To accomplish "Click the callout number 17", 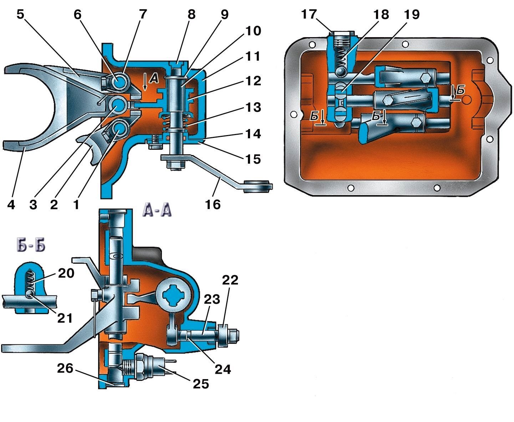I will pos(309,15).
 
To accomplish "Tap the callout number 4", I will pos(11,205).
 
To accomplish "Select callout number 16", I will pos(213,204).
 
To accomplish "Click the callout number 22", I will pos(230,280).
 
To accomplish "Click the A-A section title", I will pos(157,210).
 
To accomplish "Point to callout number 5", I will pos(21,15).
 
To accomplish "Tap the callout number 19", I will pos(412,15).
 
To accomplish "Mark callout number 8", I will pos(192,15).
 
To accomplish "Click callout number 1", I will pos(76,205).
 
